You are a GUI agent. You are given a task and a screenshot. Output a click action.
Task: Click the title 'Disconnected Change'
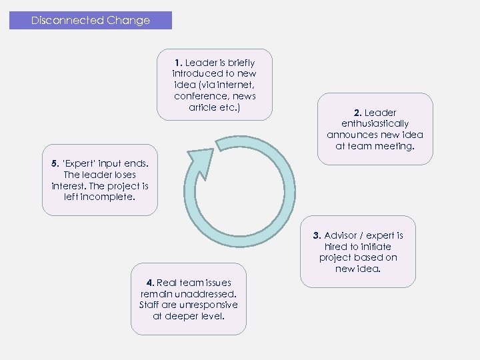click(91, 21)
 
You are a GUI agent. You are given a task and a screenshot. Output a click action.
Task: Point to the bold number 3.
click(317, 235)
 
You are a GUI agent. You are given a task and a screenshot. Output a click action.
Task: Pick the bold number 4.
click(152, 283)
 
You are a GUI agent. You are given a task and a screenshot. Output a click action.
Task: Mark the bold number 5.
click(55, 163)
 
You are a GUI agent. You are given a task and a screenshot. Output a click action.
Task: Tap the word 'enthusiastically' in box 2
click(375, 123)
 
